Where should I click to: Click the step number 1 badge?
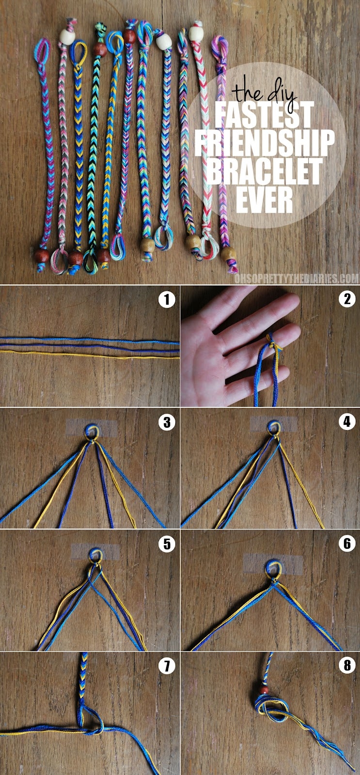(167, 300)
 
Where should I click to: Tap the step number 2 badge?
(346, 300)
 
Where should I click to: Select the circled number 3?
(167, 422)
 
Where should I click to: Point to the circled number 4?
(346, 422)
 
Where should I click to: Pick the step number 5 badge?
(167, 544)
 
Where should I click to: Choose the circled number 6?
(346, 544)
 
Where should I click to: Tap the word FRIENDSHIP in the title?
(265, 143)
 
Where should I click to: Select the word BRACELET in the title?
(265, 172)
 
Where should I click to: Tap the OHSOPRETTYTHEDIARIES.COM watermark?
(296, 279)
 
